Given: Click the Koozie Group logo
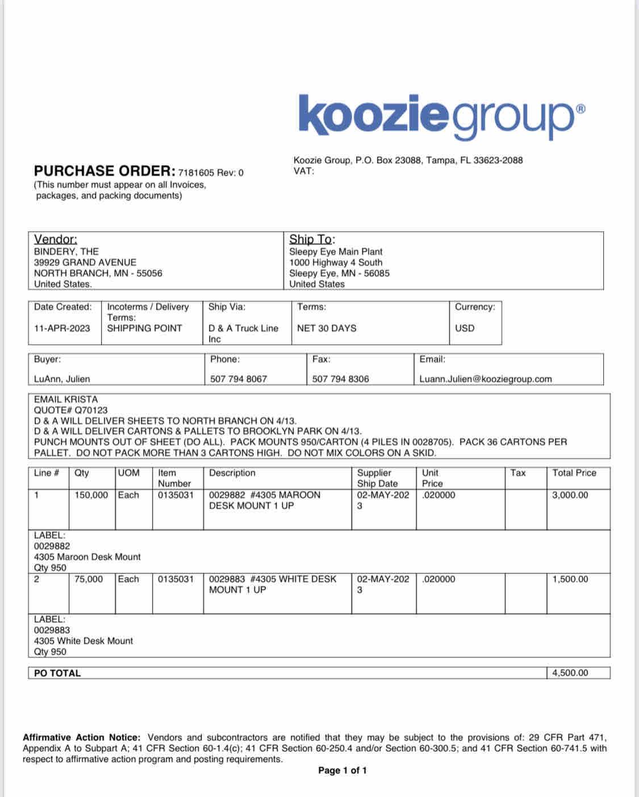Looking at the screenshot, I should [x=441, y=116].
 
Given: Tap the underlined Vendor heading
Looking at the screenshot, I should [x=56, y=240].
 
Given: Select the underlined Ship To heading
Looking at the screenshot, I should [x=312, y=240].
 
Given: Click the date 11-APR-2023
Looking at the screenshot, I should [x=62, y=328].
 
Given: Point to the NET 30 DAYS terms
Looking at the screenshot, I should [x=327, y=328].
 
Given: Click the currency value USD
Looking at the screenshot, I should [x=465, y=328].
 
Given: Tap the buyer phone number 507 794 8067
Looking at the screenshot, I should [x=239, y=379].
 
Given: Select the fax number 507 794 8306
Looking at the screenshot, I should [x=340, y=379].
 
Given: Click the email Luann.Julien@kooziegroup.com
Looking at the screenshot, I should [x=486, y=379].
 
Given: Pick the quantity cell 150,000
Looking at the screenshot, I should [x=91, y=495].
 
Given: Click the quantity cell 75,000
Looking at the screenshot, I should [x=89, y=579].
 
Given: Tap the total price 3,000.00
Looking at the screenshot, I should [x=570, y=495].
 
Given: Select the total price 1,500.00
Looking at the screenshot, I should [x=570, y=579].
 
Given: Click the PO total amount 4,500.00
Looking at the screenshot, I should [x=570, y=673].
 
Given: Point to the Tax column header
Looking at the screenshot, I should [x=518, y=473].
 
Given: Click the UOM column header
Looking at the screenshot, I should [x=129, y=473].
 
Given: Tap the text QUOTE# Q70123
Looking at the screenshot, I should [x=70, y=410].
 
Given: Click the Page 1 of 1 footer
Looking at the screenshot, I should [x=343, y=770].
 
